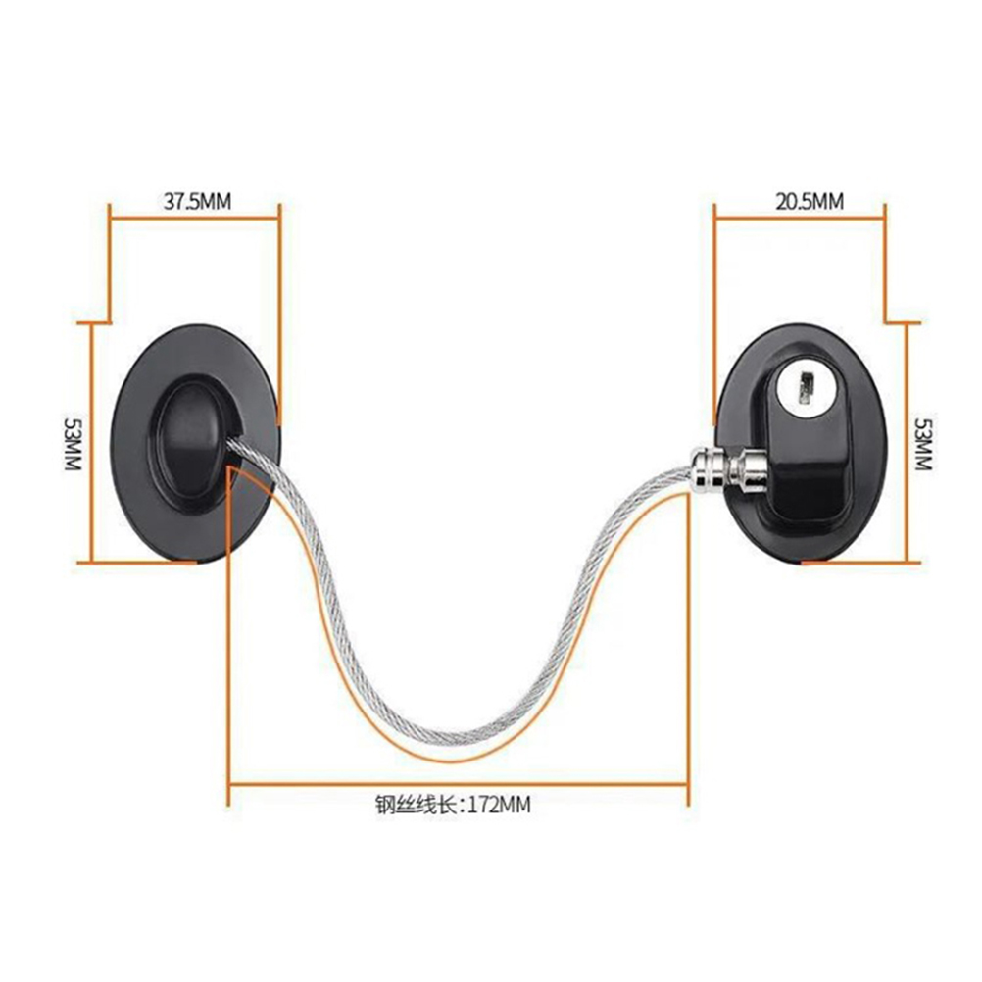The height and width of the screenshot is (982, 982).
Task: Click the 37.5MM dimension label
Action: click(x=197, y=202)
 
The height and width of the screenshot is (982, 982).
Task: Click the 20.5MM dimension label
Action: click(x=810, y=202)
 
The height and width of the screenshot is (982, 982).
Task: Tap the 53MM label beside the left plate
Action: click(x=74, y=444)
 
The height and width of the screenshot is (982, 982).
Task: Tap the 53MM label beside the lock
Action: click(x=924, y=444)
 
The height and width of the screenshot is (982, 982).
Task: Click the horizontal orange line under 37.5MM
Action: click(x=194, y=219)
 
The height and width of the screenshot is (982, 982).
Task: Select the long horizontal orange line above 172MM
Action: click(x=459, y=783)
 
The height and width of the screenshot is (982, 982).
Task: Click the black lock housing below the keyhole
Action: click(x=805, y=464)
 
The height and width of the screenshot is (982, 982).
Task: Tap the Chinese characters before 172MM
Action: click(x=417, y=805)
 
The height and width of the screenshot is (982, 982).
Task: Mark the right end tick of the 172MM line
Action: click(x=688, y=783)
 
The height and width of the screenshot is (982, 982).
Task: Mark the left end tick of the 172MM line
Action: click(x=229, y=783)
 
